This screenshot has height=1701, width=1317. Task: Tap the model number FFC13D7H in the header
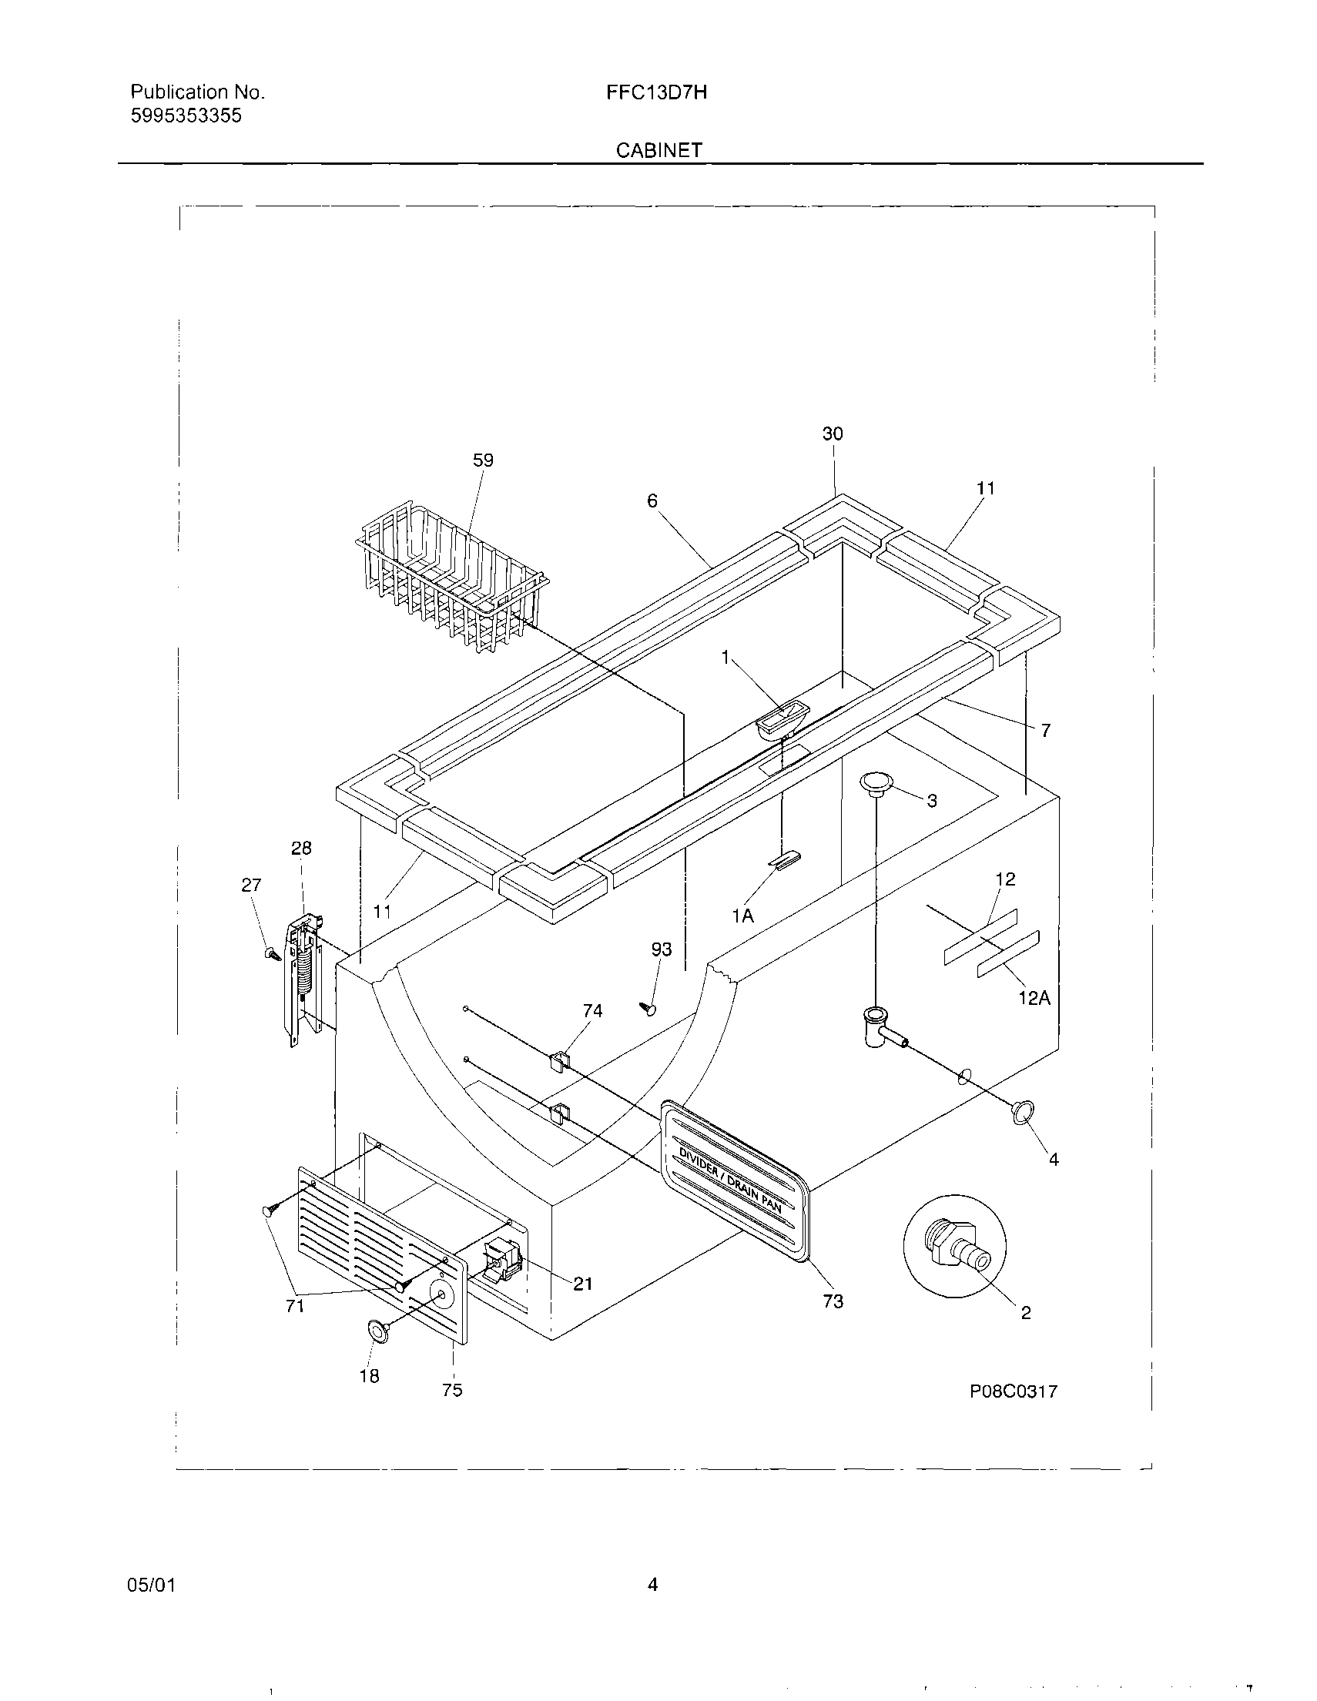coord(656,92)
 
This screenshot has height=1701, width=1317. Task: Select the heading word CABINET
coord(659,150)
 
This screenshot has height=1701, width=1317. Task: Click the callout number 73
coord(833,1301)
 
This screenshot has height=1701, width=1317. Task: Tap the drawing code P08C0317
coord(1013,1391)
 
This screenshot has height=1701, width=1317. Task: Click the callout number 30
coord(833,434)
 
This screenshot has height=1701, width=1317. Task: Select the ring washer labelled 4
coord(1023,1112)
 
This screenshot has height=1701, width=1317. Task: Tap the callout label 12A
coord(1034,998)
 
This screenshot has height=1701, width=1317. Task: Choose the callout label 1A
coord(742,916)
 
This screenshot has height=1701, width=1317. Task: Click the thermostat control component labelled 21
coord(499,1262)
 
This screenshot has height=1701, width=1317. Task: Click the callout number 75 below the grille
coord(452,1390)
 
